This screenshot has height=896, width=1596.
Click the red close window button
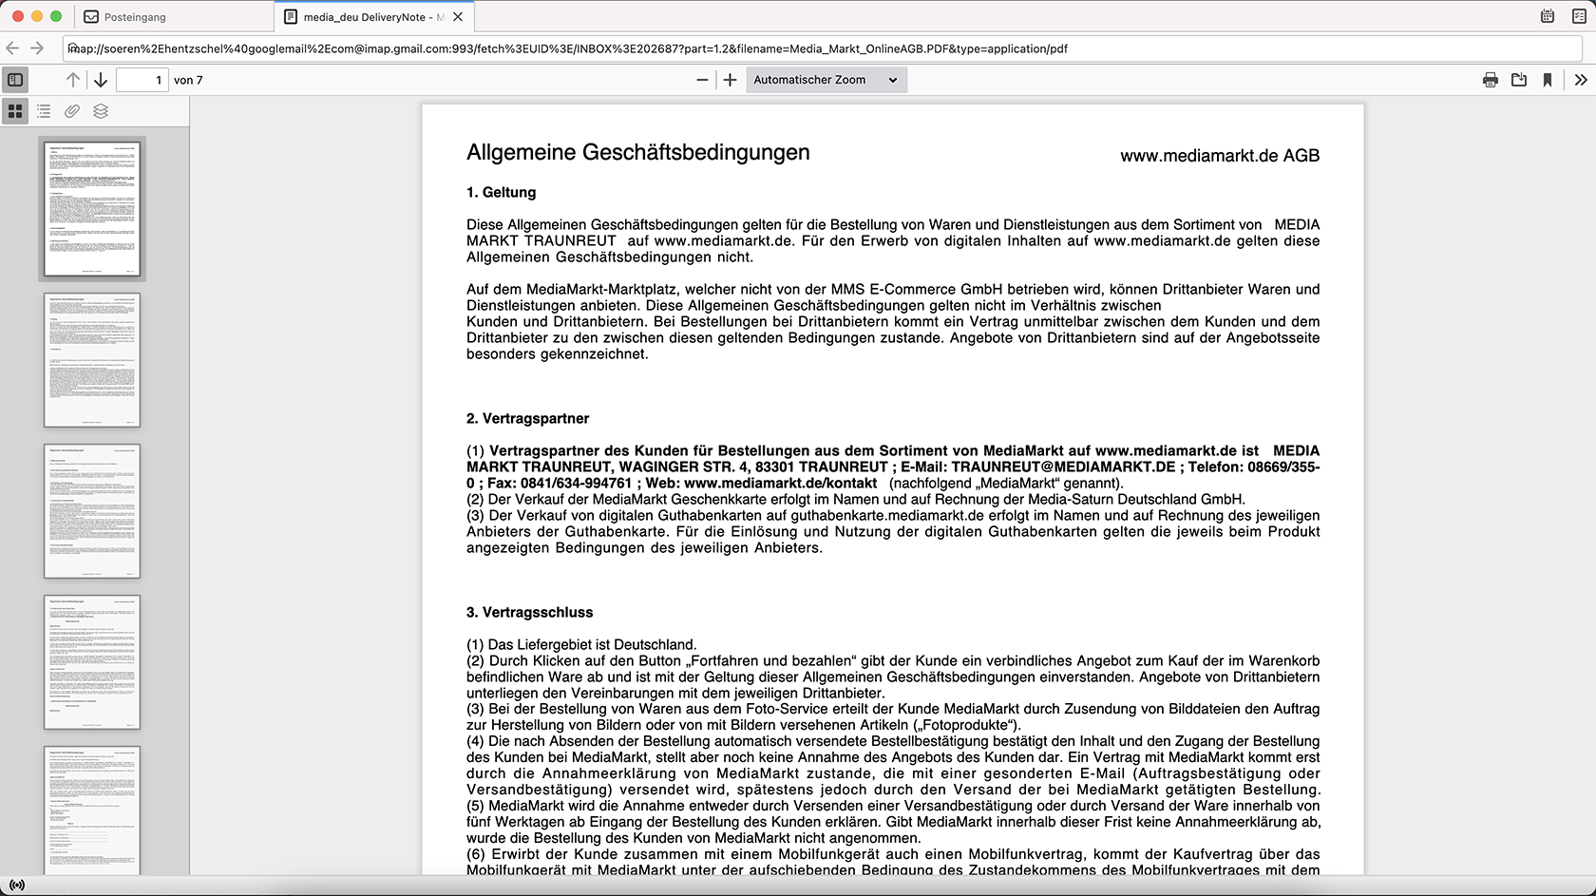pyautogui.click(x=17, y=16)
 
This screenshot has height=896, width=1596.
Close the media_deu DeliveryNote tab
pyautogui.click(x=458, y=17)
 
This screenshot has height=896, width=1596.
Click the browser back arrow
pyautogui.click(x=12, y=48)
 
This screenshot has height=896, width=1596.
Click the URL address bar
pyautogui.click(x=817, y=48)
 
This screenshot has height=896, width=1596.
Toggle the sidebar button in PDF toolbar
pyautogui.click(x=15, y=80)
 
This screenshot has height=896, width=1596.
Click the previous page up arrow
pyautogui.click(x=73, y=80)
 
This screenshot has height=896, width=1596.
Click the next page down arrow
pyautogui.click(x=100, y=80)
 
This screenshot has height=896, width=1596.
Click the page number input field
pyautogui.click(x=142, y=80)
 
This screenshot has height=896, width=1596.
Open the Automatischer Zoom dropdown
pyautogui.click(x=826, y=80)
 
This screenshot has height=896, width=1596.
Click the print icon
pyautogui.click(x=1490, y=80)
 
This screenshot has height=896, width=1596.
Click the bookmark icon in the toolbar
pyautogui.click(x=1548, y=80)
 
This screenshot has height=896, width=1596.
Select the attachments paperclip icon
pyautogui.click(x=72, y=111)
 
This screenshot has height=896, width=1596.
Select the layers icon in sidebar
pyautogui.click(x=101, y=111)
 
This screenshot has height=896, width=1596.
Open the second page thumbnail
pyautogui.click(x=92, y=360)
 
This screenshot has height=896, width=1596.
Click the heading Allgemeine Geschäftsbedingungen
pyautogui.click(x=637, y=153)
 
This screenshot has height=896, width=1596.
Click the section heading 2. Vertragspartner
pyautogui.click(x=527, y=419)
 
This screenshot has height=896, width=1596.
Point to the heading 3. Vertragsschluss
pyautogui.click(x=529, y=613)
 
